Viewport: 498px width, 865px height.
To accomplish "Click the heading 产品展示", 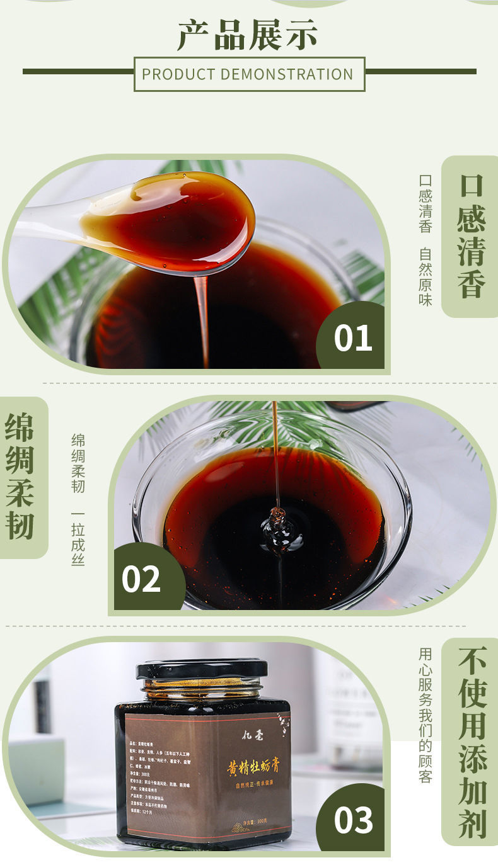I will click(x=248, y=35).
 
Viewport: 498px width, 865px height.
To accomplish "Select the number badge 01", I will click(x=352, y=337).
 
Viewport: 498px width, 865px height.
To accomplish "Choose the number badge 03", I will click(x=352, y=820).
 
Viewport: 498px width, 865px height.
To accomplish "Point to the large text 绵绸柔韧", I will click(x=20, y=477).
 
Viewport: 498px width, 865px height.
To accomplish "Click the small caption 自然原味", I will click(x=426, y=277).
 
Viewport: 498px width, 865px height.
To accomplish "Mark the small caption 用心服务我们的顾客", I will click(x=426, y=715).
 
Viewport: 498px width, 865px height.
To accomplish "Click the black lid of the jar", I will click(x=202, y=668).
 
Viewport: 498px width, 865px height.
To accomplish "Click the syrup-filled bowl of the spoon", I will click(x=183, y=220).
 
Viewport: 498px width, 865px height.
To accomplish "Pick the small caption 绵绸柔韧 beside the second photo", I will click(x=78, y=463).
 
